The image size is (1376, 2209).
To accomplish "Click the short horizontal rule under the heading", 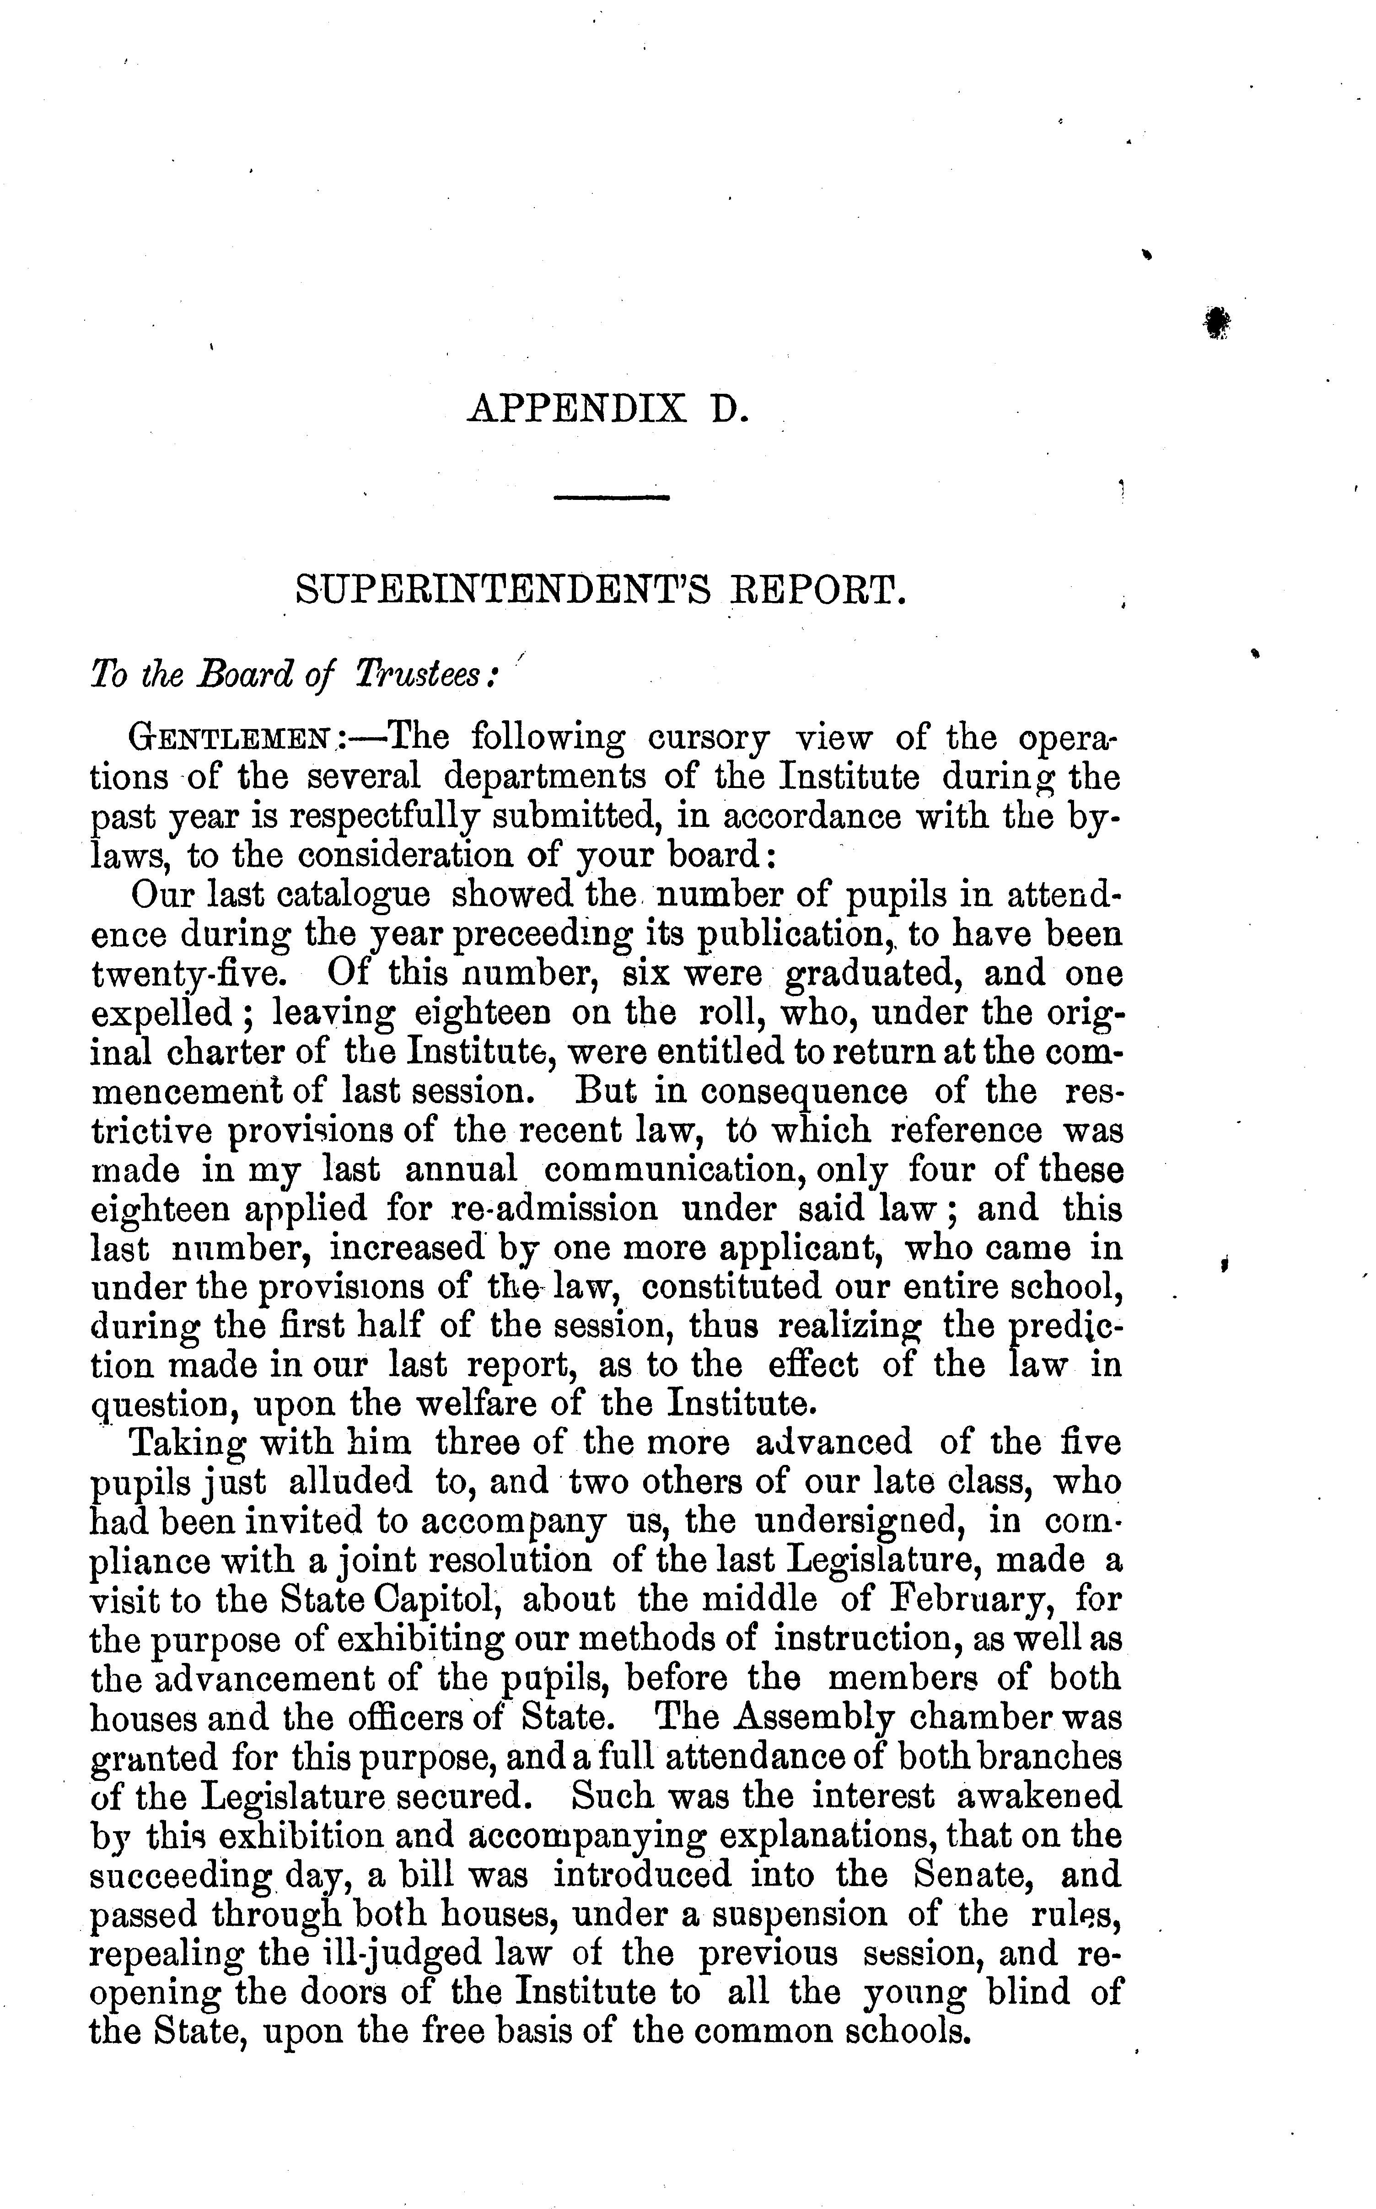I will (612, 497).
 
